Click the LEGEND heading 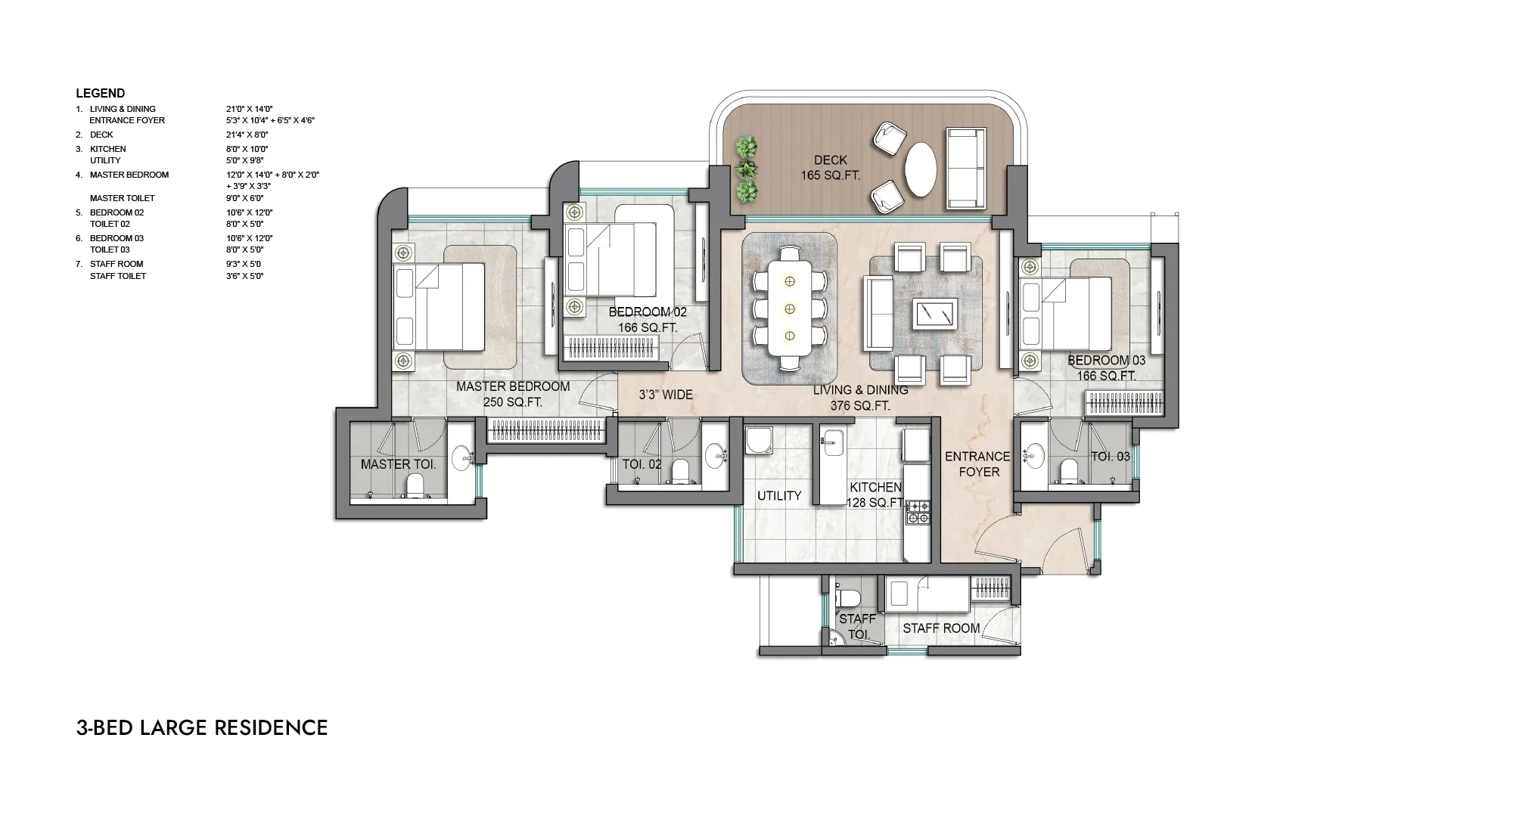pos(100,94)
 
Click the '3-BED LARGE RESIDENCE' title pos(202,728)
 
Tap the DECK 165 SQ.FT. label pos(831,168)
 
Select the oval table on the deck pos(920,169)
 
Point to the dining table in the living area pos(790,308)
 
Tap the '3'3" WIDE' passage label pos(666,395)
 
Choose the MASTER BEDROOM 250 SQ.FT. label pos(513,395)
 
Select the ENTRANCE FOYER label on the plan pos(977,464)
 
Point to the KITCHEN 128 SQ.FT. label pos(875,495)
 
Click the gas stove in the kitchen pos(918,512)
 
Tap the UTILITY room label pos(779,496)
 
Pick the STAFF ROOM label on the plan pos(941,628)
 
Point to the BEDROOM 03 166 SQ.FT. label pos(1106,368)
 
